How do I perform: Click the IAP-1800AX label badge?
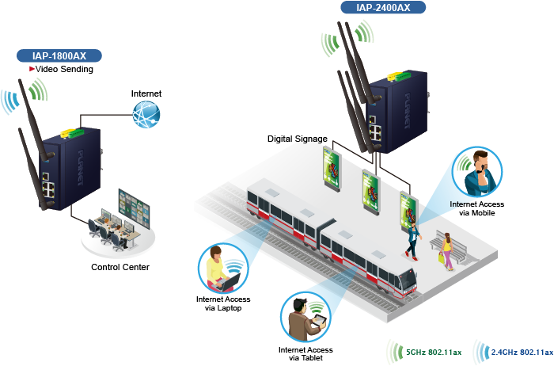(x=60, y=55)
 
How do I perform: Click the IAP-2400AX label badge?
(x=385, y=8)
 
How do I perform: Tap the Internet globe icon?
(x=146, y=116)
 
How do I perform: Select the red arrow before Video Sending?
(x=32, y=69)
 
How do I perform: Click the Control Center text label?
(x=120, y=267)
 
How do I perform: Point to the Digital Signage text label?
(x=297, y=139)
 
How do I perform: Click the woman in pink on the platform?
(x=447, y=250)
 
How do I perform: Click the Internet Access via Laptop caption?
(x=222, y=303)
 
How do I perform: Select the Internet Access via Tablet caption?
(x=305, y=354)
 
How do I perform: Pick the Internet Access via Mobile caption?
(x=477, y=208)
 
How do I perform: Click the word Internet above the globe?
(x=146, y=93)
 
